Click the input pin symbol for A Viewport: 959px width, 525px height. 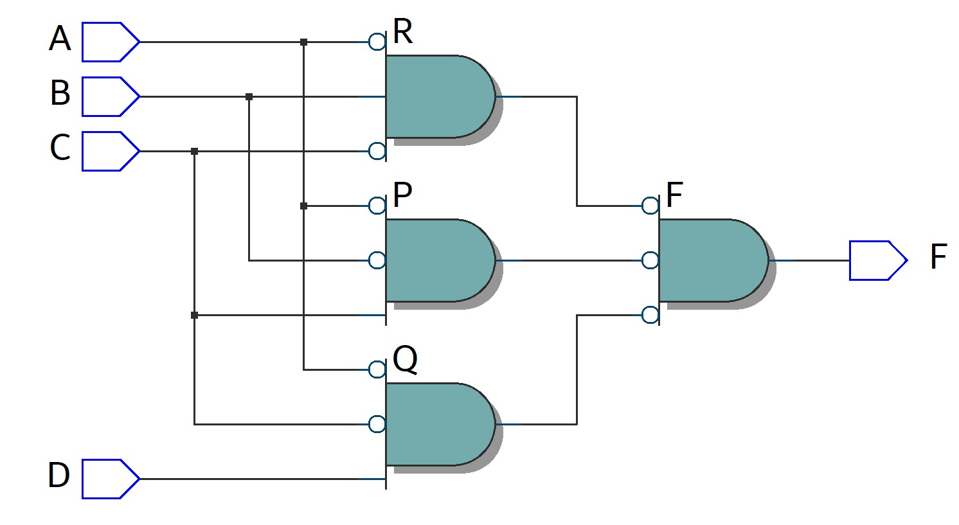pos(109,42)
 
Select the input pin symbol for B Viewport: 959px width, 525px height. pos(109,97)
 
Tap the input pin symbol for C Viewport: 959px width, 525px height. pos(109,152)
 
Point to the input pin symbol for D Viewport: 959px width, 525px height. pos(109,479)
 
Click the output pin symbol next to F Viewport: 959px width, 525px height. pos(876,261)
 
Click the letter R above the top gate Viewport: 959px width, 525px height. pos(402,32)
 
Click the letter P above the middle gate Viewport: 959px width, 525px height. pos(402,195)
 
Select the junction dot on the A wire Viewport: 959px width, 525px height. pos(304,42)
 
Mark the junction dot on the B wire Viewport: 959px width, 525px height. pos(249,97)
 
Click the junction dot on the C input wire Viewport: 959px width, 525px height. pos(195,152)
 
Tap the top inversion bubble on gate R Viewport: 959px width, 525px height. pos(377,42)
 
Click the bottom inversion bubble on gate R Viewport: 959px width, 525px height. pos(377,152)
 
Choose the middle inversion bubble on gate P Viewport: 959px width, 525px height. pos(377,260)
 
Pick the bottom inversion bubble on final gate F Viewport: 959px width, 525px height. pos(650,315)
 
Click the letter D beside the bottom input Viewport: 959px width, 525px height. pos(58,476)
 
